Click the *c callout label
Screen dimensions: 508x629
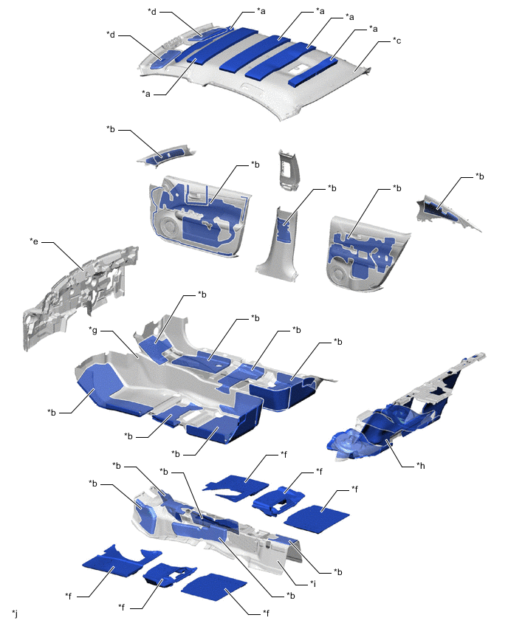(x=397, y=41)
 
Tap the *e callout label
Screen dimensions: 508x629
(x=34, y=241)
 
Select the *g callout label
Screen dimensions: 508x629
(x=93, y=331)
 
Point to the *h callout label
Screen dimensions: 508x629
(x=420, y=465)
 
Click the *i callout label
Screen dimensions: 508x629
(x=312, y=583)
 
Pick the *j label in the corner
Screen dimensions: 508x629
(x=15, y=613)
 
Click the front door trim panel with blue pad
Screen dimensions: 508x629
(x=199, y=217)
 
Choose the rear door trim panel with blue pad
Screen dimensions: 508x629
(x=367, y=252)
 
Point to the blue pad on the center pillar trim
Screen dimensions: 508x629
(x=284, y=227)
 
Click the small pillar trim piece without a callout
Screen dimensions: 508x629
(x=289, y=169)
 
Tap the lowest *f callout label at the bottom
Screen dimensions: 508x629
(x=266, y=613)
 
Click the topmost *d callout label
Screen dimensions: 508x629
(x=152, y=11)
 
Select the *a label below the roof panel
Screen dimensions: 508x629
(x=145, y=94)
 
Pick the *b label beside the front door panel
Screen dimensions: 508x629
(x=255, y=165)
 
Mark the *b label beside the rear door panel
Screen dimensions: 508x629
(x=397, y=188)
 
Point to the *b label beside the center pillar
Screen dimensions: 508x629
(x=332, y=188)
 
